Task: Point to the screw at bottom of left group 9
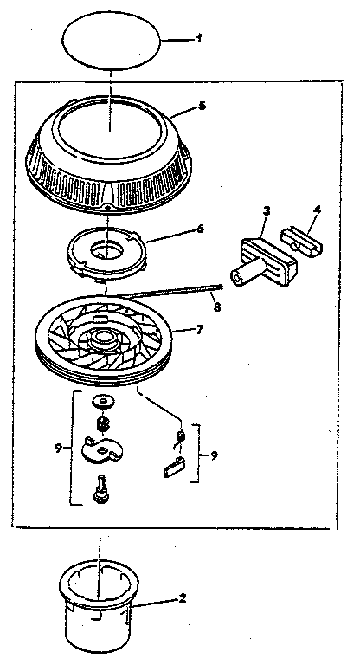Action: tap(101, 492)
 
